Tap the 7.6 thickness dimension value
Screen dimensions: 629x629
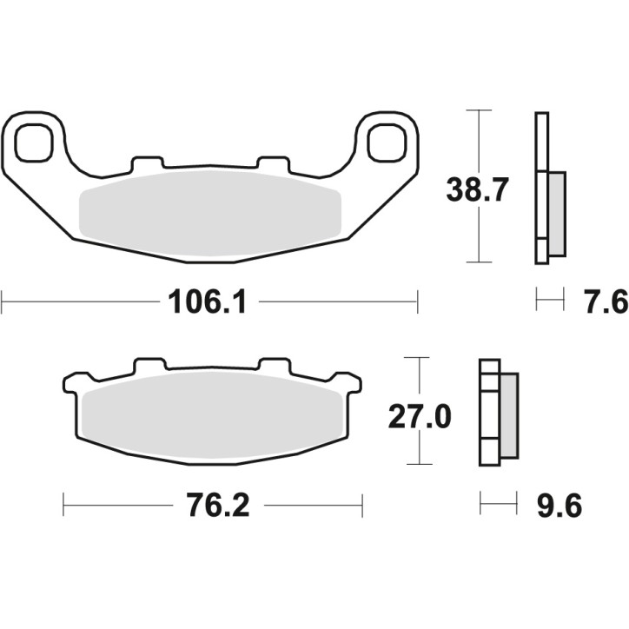click(x=607, y=303)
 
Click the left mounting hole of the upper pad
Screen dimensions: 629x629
click(x=34, y=142)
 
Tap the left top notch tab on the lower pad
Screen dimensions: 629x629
click(x=149, y=365)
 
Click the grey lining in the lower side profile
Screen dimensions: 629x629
click(x=507, y=414)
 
